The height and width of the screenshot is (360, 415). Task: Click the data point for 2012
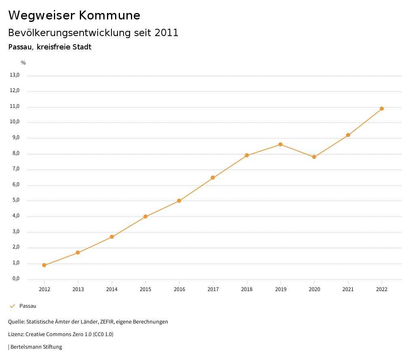44,265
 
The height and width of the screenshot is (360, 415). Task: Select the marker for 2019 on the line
280,144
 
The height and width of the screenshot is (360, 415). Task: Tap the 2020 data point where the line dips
314,157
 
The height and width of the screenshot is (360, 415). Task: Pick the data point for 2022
382,109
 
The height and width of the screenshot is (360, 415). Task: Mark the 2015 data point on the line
145,216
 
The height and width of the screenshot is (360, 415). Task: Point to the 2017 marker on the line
213,178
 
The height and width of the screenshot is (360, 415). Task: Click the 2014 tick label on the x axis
112,289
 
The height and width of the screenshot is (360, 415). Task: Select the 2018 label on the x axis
247,289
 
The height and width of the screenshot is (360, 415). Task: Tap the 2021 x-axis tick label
348,289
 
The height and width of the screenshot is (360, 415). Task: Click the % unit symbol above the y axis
24,63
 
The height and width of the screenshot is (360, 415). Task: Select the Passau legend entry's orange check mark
12,306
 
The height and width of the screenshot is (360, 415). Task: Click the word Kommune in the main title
109,15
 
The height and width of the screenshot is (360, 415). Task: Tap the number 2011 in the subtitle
167,33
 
